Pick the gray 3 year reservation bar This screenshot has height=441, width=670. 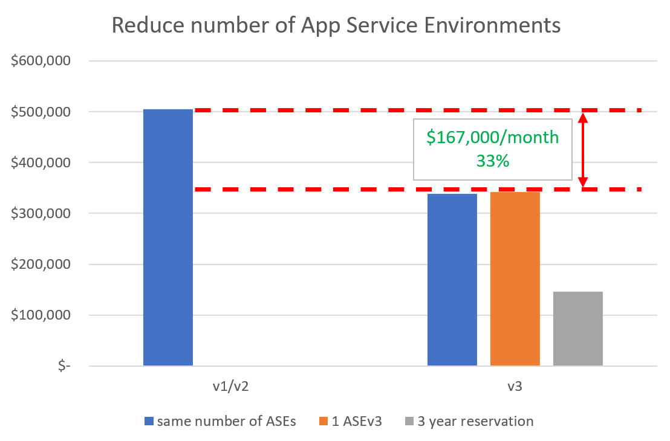click(x=578, y=329)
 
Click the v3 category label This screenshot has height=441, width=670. click(x=515, y=387)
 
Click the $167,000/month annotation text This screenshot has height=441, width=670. click(x=493, y=138)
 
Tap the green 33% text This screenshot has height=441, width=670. click(x=493, y=161)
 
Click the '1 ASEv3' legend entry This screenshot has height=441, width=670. click(x=356, y=421)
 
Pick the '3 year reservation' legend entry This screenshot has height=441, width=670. click(x=475, y=421)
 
